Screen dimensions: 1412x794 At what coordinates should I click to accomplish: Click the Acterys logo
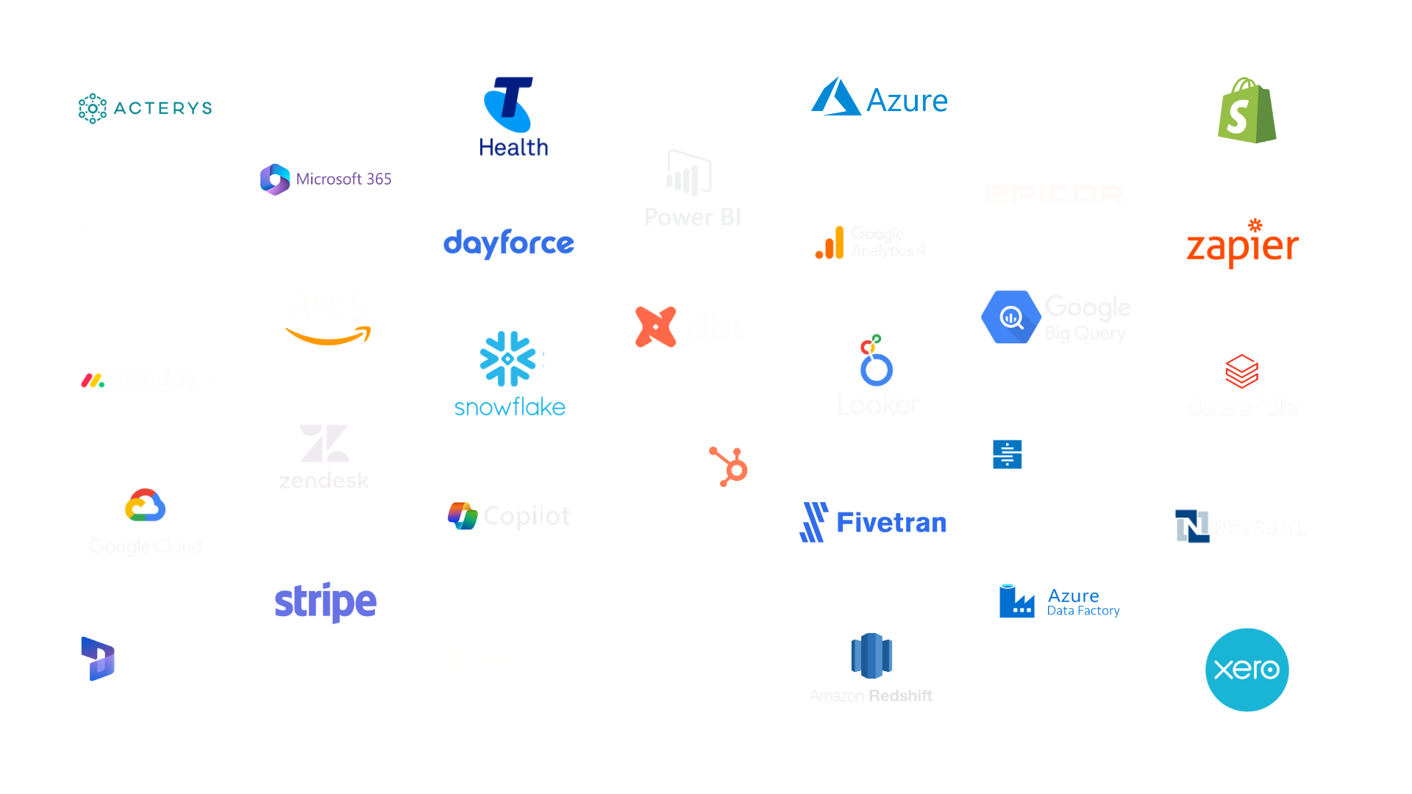click(x=144, y=109)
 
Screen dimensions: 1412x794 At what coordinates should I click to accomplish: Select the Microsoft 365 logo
click(x=325, y=179)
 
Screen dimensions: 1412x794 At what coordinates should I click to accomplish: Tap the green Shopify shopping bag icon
click(x=1246, y=110)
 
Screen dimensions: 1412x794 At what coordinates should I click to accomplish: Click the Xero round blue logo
click(x=1246, y=669)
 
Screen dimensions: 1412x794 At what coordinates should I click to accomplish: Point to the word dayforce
click(x=509, y=243)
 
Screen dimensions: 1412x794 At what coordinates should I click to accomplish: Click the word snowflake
click(x=510, y=407)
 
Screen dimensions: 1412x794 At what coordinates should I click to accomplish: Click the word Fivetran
click(x=890, y=523)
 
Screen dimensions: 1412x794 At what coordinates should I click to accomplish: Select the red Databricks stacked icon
click(x=1241, y=371)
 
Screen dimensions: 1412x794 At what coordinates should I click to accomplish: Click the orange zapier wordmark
click(x=1241, y=246)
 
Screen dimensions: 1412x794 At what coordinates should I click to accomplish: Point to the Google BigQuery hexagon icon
click(x=1011, y=318)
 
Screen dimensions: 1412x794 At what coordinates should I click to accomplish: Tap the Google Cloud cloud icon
click(x=145, y=505)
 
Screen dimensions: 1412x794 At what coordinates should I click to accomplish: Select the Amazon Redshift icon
click(x=871, y=653)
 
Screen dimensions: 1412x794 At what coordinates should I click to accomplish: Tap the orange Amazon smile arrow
click(x=327, y=337)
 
